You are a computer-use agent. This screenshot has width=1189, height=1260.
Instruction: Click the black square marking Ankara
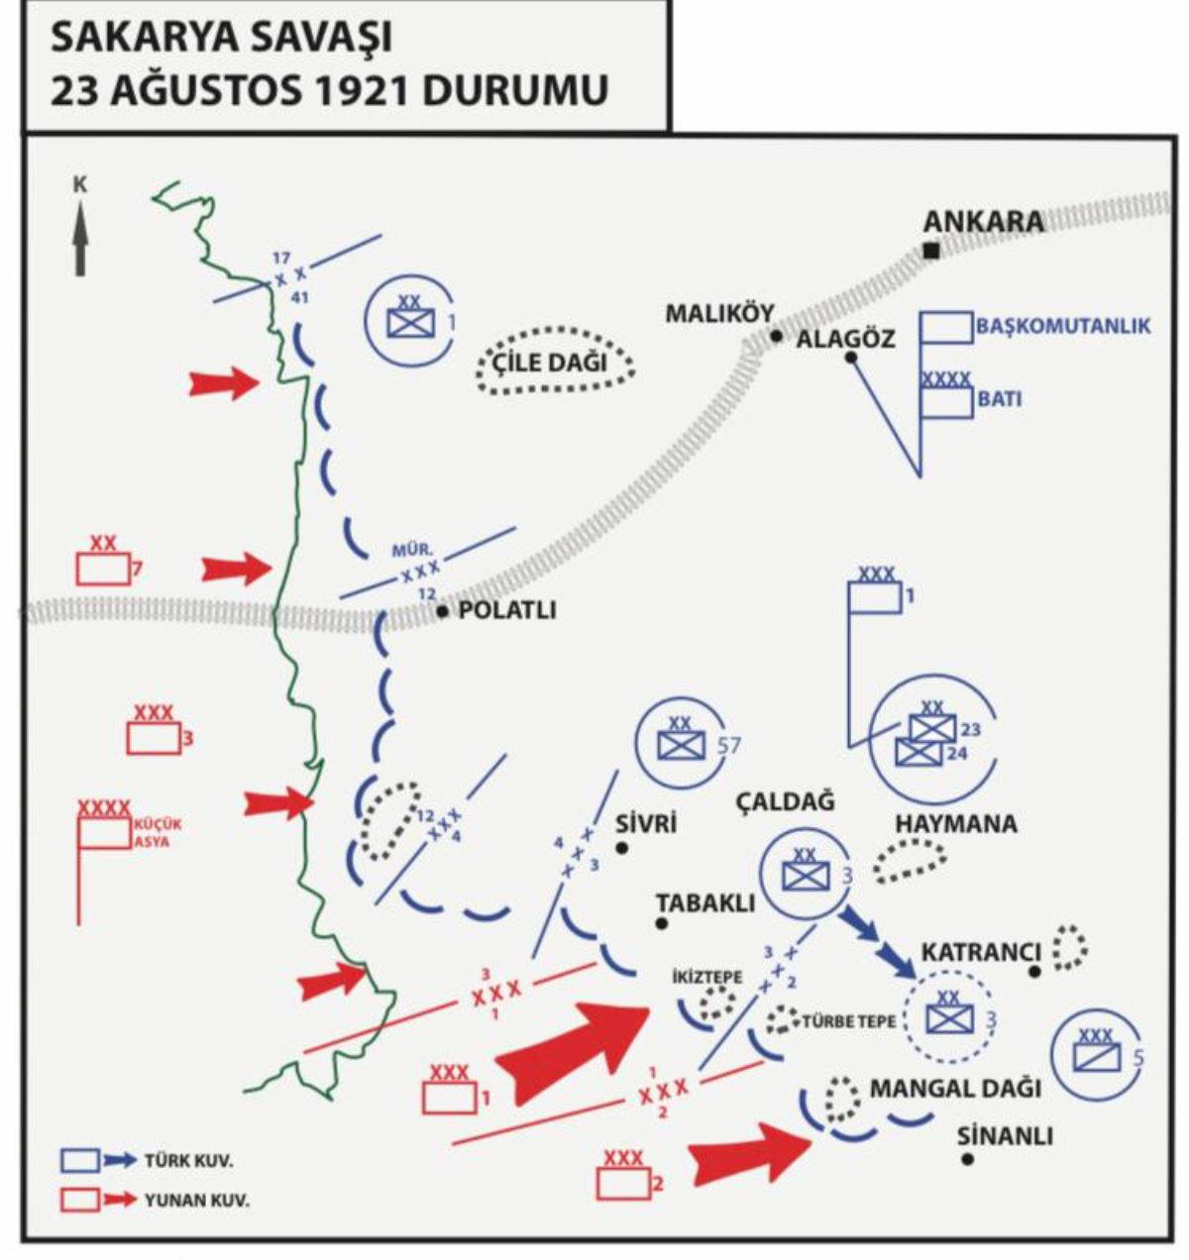click(x=930, y=251)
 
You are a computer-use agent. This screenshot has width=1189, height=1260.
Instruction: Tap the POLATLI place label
click(x=507, y=610)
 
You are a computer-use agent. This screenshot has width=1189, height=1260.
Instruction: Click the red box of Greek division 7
click(x=103, y=569)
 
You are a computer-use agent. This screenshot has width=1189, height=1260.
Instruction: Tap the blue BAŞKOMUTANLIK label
click(x=1062, y=326)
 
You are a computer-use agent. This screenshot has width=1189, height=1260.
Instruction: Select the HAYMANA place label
click(x=955, y=823)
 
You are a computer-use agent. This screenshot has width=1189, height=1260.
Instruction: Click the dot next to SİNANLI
click(x=968, y=1158)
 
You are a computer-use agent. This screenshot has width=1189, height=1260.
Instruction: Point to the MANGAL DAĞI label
click(x=955, y=1089)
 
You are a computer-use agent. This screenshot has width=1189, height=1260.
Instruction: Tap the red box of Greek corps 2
click(x=623, y=1182)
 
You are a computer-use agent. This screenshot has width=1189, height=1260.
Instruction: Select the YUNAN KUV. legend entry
click(x=196, y=1201)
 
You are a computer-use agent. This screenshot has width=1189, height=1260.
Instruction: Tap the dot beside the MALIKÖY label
click(x=777, y=336)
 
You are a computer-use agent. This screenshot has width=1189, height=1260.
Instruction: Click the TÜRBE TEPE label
click(x=848, y=1021)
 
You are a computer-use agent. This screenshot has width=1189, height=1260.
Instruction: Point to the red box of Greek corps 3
click(x=154, y=738)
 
